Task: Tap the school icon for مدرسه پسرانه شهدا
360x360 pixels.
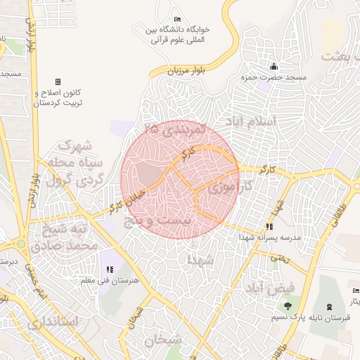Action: pos(269,226)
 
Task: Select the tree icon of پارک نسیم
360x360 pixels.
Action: pos(288,306)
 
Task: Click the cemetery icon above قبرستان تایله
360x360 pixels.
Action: pos(330,307)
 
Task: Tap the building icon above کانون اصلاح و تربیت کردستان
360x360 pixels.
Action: pos(58,82)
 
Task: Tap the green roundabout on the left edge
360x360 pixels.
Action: pos(21,245)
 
